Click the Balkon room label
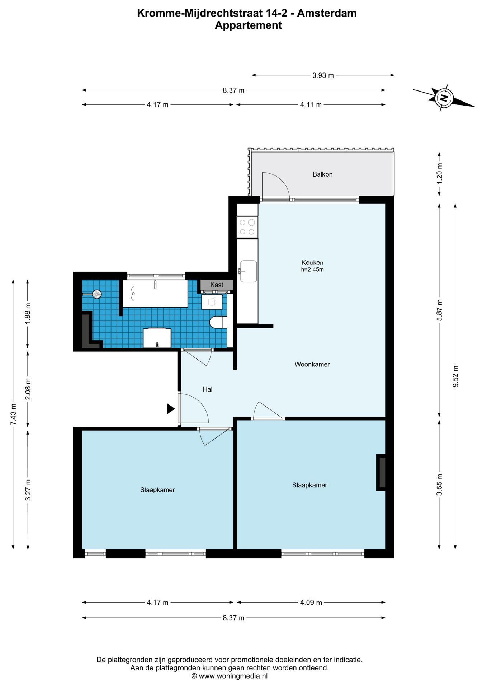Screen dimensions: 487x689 322,174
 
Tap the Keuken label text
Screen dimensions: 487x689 312,263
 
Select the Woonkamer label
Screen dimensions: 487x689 312,364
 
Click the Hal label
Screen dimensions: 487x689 208,389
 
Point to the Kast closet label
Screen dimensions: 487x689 217,285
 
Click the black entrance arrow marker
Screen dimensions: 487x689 170,409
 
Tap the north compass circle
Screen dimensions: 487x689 444,98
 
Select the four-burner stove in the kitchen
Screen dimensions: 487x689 247,227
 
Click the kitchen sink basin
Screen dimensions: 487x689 248,271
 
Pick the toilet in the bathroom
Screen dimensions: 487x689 218,322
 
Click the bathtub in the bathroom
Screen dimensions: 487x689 155,294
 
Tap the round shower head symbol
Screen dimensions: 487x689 97,294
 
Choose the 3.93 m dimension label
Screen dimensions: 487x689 323,75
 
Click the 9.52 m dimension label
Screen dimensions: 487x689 455,376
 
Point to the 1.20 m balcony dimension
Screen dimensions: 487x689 439,173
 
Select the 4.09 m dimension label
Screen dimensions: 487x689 311,603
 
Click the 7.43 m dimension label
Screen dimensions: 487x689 13,414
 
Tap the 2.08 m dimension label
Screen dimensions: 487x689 28,389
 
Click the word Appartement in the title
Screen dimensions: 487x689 248,25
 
